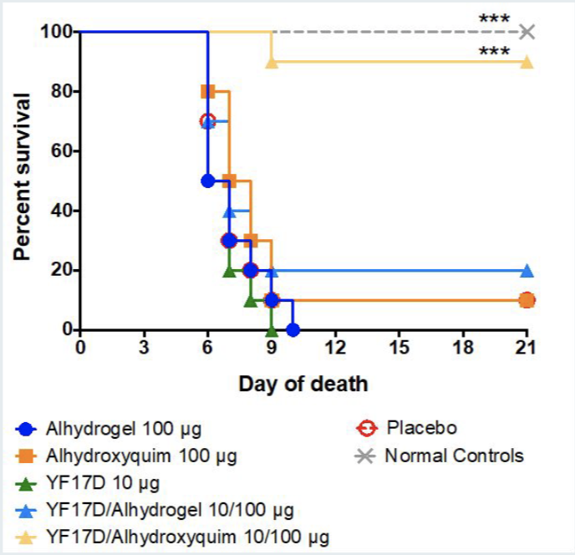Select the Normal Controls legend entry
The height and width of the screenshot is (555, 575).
(454, 456)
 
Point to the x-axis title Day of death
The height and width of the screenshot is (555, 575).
(303, 385)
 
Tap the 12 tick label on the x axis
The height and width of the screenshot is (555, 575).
(335, 347)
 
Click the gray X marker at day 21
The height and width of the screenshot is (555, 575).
(527, 32)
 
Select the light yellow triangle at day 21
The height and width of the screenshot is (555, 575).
(527, 61)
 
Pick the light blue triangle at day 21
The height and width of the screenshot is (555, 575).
(527, 270)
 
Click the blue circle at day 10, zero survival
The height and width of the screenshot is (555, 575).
(293, 329)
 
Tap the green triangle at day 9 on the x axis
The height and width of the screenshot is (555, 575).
(271, 329)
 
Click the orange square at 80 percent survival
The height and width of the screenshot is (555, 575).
(207, 91)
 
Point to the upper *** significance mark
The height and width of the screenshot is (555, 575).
(494, 18)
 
